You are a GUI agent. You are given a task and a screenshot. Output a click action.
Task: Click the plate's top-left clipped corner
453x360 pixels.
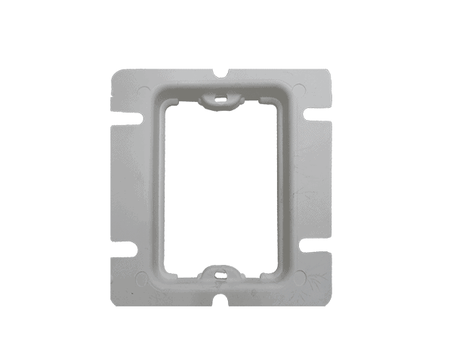(x=114, y=74)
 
